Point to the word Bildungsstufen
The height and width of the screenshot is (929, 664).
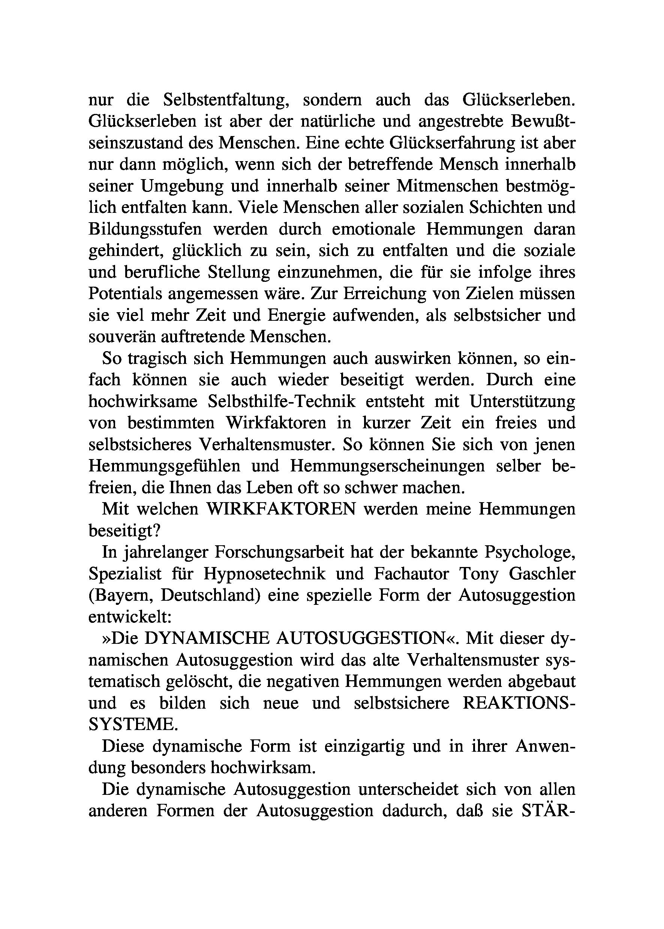pyautogui.click(x=145, y=229)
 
